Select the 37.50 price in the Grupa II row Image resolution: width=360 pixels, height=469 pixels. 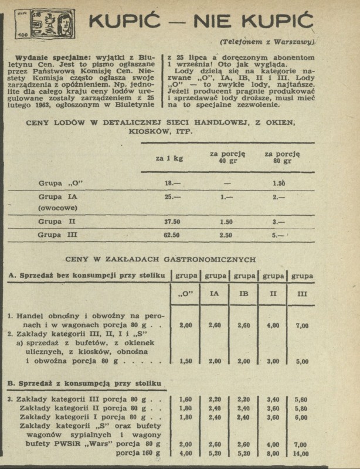click(171, 222)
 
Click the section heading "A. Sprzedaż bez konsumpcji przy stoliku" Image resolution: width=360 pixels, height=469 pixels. click(86, 275)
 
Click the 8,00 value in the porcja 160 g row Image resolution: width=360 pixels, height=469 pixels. click(273, 454)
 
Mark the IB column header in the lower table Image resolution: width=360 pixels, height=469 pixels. click(244, 293)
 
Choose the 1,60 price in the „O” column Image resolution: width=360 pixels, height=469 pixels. click(185, 400)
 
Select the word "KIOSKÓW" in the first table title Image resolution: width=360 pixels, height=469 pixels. click(145, 132)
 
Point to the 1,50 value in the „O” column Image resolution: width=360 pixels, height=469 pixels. click(185, 361)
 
